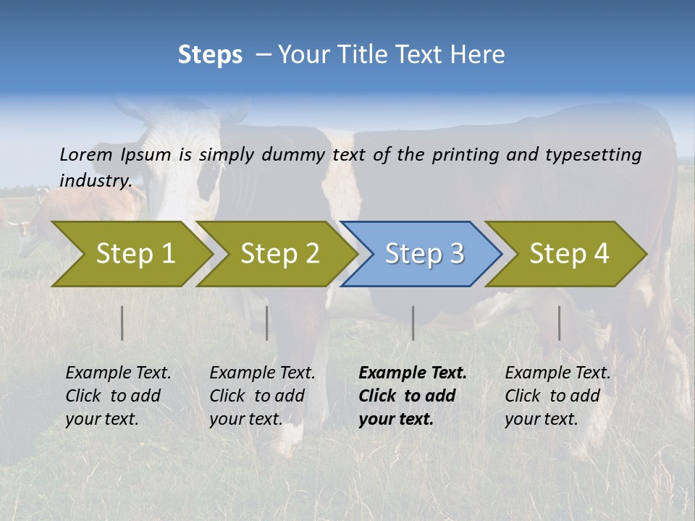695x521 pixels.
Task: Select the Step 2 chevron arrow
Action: tap(275, 254)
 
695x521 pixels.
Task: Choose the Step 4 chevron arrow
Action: tap(566, 254)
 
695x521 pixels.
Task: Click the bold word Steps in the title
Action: tap(210, 55)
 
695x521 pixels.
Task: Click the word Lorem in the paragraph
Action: tap(85, 154)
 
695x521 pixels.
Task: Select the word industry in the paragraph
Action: tap(94, 180)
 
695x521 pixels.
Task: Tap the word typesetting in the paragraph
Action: tap(593, 154)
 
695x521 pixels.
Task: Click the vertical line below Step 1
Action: tap(122, 323)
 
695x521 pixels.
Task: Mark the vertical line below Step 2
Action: tap(267, 323)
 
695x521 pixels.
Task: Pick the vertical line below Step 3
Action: tap(413, 323)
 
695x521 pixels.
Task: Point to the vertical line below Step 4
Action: tap(559, 323)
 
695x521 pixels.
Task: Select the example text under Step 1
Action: tap(117, 396)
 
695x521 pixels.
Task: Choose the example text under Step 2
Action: tap(261, 396)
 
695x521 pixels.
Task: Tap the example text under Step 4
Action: tap(557, 396)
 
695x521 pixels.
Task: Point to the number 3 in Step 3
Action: tap(456, 254)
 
